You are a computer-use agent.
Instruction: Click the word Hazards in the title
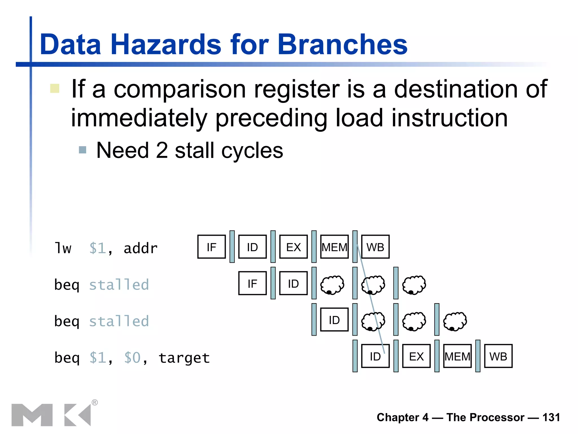166,44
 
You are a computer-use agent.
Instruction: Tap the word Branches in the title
342,44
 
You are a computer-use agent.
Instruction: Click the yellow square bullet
54,88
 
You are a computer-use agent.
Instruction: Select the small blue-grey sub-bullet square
82,150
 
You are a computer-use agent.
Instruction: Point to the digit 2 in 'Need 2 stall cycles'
162,150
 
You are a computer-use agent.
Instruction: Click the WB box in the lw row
375,247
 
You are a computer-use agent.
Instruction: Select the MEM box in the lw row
334,247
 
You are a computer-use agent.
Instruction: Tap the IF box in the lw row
211,247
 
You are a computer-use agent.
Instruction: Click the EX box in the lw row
293,247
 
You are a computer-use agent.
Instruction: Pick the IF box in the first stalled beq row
252,283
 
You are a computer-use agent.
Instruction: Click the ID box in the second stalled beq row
334,320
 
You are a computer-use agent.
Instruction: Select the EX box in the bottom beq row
416,356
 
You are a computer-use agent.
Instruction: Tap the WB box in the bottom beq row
498,356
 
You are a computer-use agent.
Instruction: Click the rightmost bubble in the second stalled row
455,321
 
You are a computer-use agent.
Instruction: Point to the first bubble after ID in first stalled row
332,285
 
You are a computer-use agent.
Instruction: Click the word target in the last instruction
184,358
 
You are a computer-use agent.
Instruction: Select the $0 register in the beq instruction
132,358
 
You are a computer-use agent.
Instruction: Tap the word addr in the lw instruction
141,248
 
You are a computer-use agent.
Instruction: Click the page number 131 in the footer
551,417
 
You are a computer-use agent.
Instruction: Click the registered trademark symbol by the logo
95,402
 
